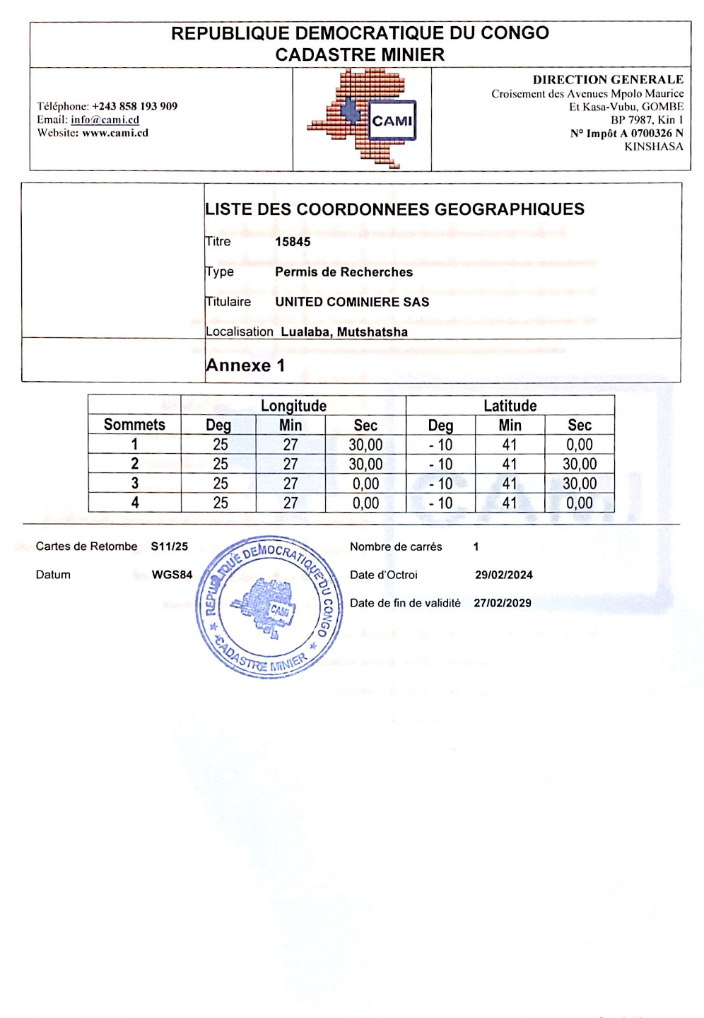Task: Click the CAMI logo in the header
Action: pos(362,119)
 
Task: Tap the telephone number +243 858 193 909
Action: pos(134,106)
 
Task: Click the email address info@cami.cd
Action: pos(105,119)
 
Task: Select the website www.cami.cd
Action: pos(115,133)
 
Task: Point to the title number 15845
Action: pos(293,242)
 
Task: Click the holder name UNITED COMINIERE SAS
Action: pos(352,302)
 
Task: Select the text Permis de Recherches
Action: pos(344,272)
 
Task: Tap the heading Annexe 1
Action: pos(245,365)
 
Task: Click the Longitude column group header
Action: pos(293,406)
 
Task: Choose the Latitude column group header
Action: pos(510,406)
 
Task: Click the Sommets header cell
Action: pos(134,425)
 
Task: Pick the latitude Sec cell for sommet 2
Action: pos(580,464)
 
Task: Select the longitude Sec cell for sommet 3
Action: pos(365,484)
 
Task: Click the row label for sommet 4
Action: pos(134,503)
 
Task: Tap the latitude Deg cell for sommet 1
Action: pos(440,445)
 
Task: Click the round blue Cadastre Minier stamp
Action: pos(269,607)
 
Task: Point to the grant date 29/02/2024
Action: pos(504,575)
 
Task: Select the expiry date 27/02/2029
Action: pos(503,603)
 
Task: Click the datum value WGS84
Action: pos(172,575)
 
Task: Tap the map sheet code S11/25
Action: pos(170,546)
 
